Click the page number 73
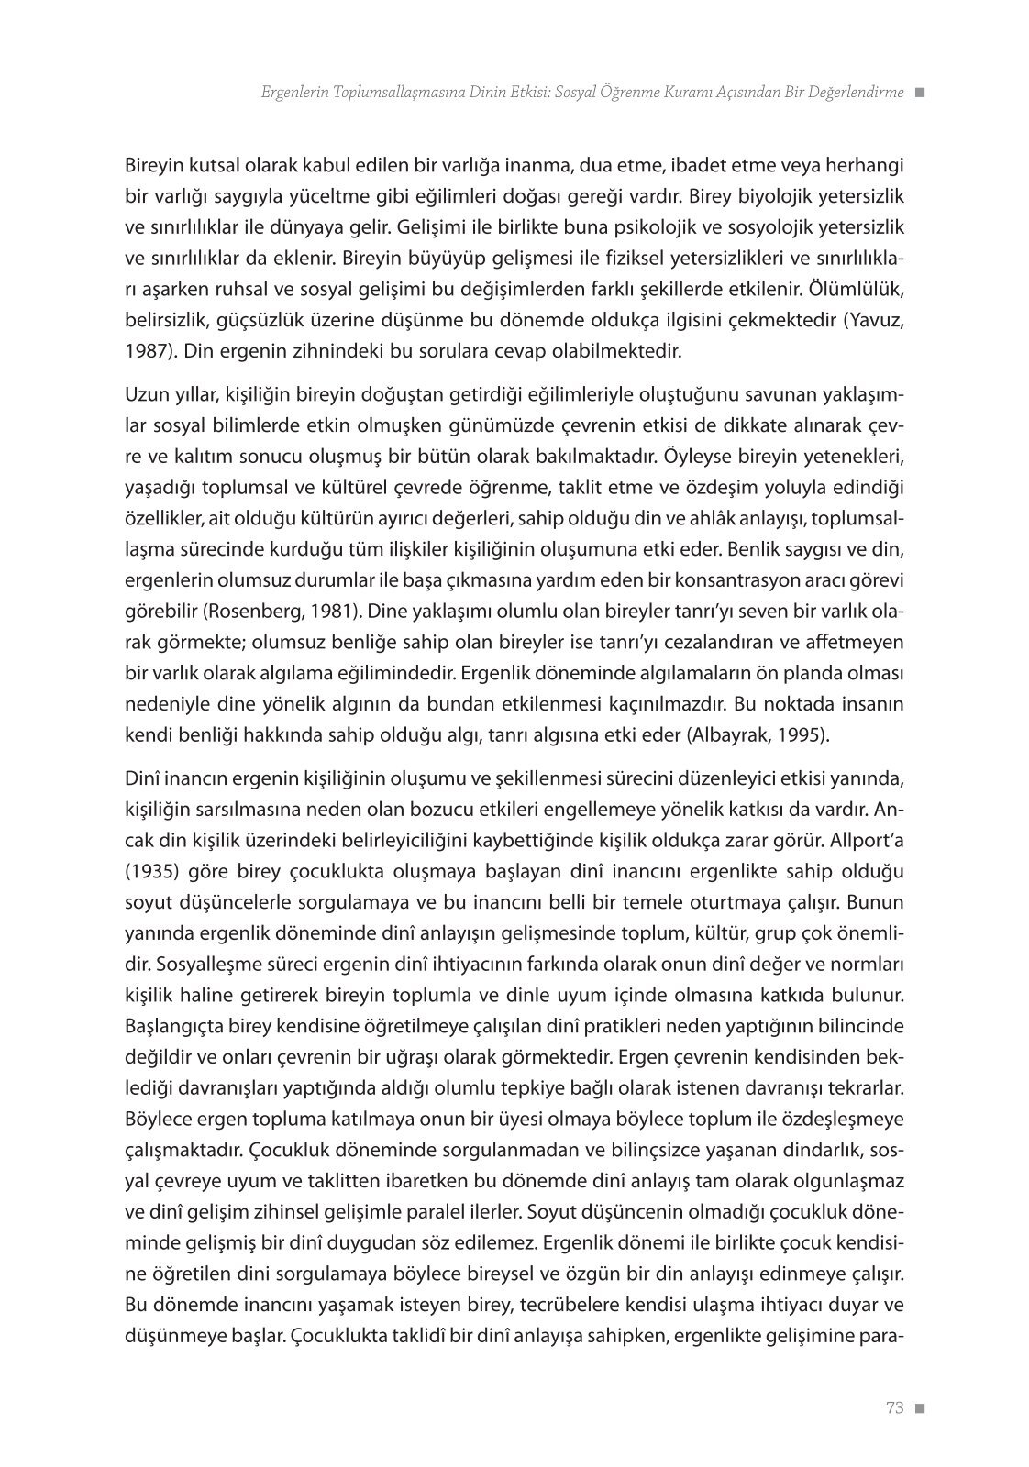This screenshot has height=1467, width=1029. click(x=895, y=1409)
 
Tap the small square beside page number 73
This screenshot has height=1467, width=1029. click(x=920, y=1409)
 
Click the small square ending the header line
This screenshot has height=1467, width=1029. click(x=920, y=93)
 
